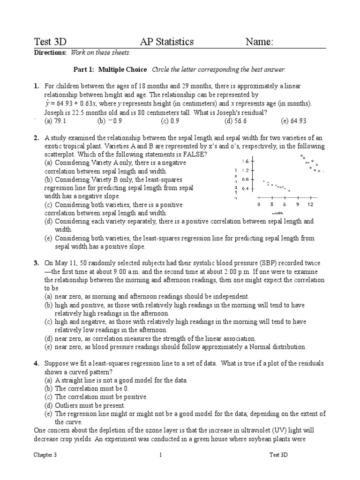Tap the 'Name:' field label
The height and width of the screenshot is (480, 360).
[259, 42]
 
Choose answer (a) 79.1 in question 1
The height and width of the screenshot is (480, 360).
[55, 120]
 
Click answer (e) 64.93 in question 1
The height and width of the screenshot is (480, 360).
[293, 120]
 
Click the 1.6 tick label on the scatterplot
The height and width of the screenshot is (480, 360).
[246, 161]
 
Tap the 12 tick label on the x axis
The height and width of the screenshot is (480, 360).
[310, 205]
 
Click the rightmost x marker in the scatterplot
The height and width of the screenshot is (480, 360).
[289, 190]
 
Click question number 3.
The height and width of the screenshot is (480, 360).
[36, 263]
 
